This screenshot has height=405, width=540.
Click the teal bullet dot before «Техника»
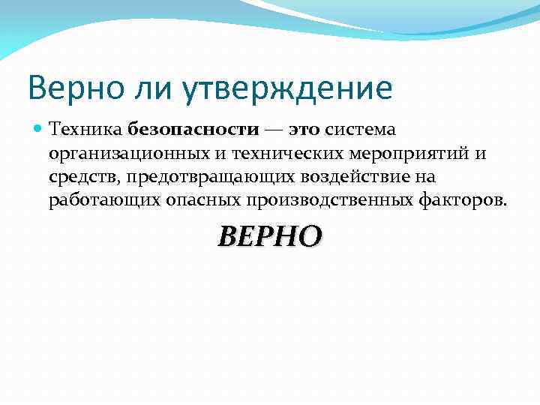pos(37,130)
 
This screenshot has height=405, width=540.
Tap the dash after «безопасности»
pos(274,130)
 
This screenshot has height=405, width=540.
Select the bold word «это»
pos(304,130)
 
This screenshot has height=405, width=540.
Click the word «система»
pos(360,130)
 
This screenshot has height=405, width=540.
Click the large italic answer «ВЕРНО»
pos(270,236)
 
